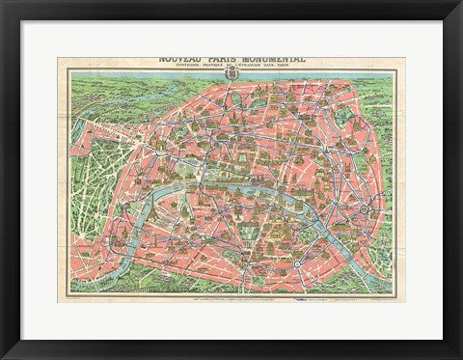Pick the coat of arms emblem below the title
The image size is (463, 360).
pos(231,78)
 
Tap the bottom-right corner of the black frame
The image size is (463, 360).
pos(459,356)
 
